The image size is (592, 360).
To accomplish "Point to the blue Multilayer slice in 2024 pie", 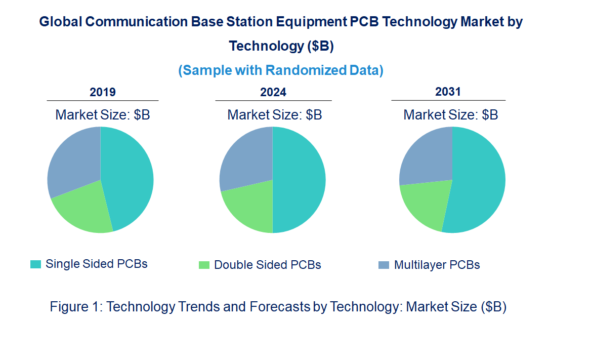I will (245, 157).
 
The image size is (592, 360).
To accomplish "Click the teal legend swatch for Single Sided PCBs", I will (35, 264).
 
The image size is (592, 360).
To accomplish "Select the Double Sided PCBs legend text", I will (267, 265).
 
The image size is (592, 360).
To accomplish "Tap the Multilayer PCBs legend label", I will (437, 265).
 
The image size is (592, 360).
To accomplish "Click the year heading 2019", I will (103, 92).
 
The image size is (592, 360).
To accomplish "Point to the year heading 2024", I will (273, 92).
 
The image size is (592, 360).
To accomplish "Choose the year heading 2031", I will (448, 92).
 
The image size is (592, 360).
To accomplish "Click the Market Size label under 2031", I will (450, 115).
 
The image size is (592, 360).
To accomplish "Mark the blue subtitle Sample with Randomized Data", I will (281, 70).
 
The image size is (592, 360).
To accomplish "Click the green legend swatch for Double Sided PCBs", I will (204, 265).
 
